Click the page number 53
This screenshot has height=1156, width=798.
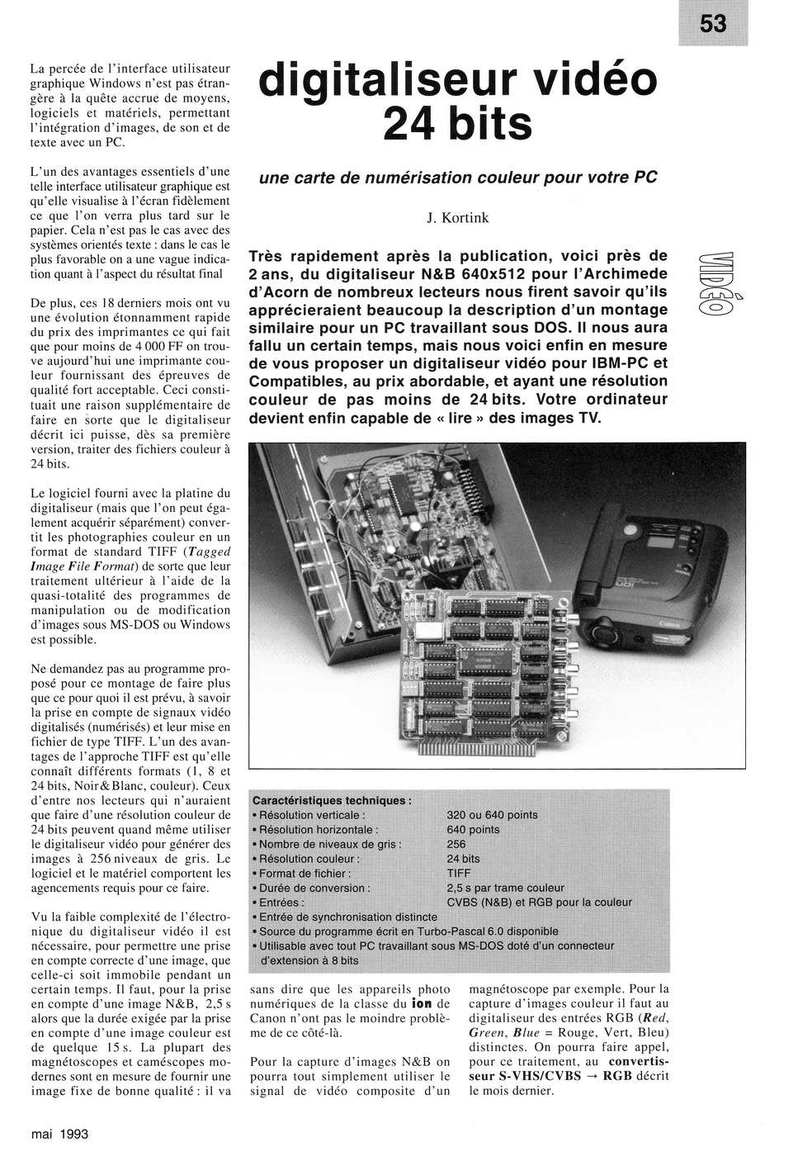pyautogui.click(x=713, y=24)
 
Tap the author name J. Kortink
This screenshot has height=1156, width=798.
pyautogui.click(x=457, y=218)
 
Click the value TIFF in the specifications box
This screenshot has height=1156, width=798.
pyautogui.click(x=459, y=873)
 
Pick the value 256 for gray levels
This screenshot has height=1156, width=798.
pyautogui.click(x=456, y=844)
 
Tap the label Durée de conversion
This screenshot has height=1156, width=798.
pyautogui.click(x=314, y=888)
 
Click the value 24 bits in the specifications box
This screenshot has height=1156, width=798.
pyautogui.click(x=463, y=859)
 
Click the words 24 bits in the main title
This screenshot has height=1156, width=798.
pyautogui.click(x=457, y=124)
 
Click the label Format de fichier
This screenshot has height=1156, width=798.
pyautogui.click(x=305, y=873)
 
